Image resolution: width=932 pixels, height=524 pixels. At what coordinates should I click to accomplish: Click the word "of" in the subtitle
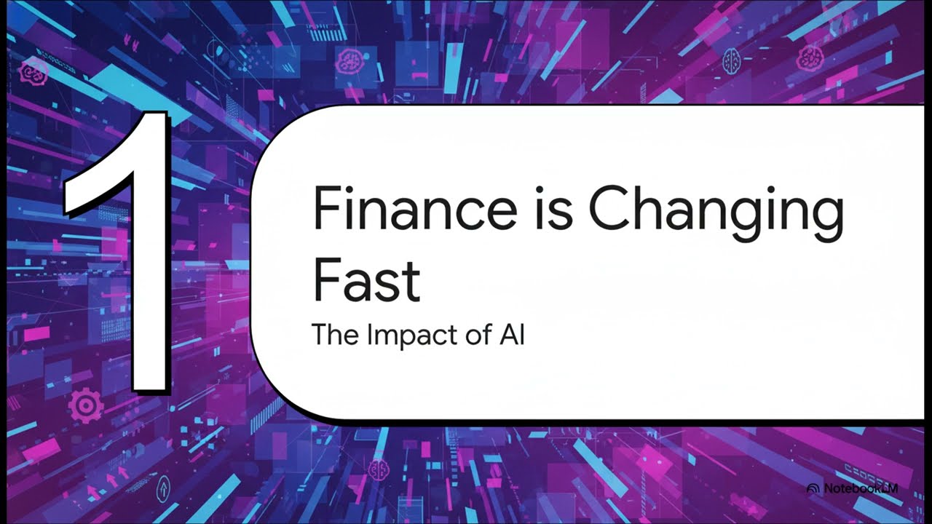(x=469, y=335)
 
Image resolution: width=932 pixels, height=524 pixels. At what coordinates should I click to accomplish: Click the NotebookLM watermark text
(x=860, y=489)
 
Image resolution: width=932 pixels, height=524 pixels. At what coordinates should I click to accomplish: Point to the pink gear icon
(x=86, y=405)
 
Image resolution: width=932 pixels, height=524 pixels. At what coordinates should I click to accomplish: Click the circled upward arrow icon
(x=164, y=485)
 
